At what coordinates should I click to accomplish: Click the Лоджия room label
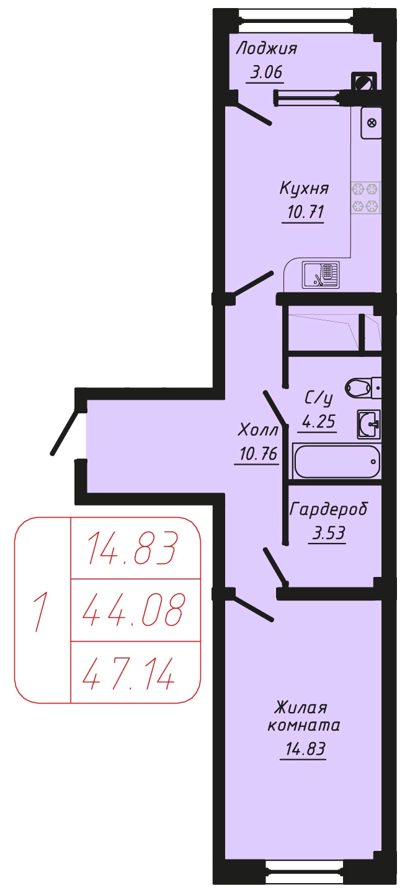click(x=267, y=49)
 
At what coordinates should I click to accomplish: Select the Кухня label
click(x=304, y=188)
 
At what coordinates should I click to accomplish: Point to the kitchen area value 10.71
click(x=305, y=212)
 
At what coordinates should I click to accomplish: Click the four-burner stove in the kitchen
click(x=366, y=198)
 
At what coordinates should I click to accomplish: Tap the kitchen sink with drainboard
click(x=320, y=275)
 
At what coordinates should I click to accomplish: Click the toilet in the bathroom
click(x=362, y=388)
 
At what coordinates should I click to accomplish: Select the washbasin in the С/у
click(x=368, y=424)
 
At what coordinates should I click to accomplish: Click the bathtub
click(x=337, y=461)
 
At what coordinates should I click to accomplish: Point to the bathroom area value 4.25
click(x=318, y=421)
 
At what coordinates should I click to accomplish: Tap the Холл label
click(x=257, y=430)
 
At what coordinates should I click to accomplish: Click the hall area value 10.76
click(x=258, y=454)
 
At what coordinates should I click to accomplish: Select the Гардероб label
click(x=328, y=509)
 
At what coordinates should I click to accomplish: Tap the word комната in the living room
click(x=303, y=725)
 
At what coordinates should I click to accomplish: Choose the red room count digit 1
click(x=40, y=612)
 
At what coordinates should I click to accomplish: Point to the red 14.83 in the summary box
click(x=132, y=548)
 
